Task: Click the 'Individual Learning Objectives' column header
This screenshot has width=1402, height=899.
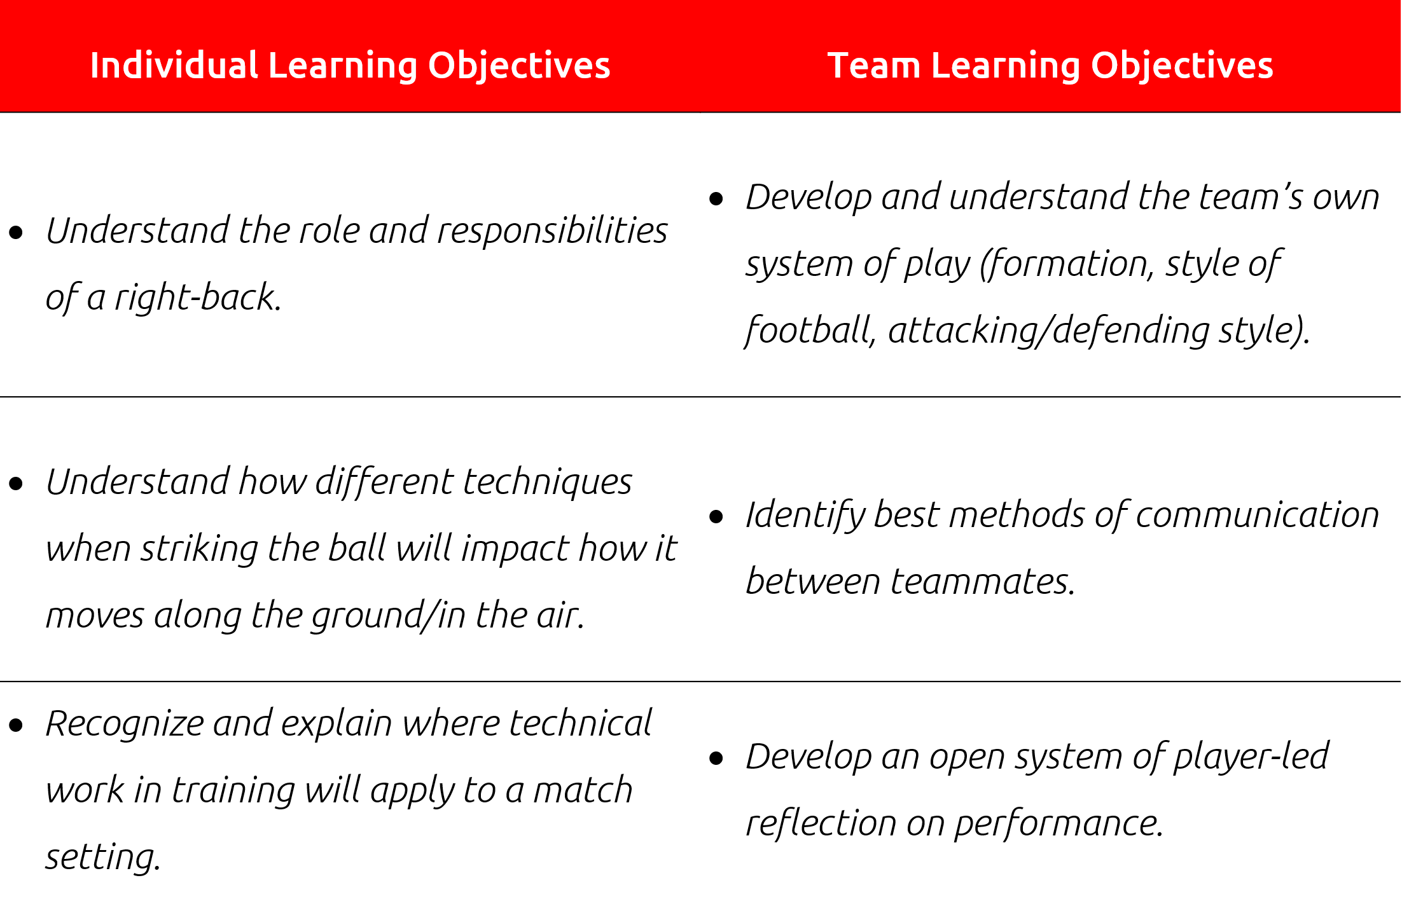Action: pos(350,66)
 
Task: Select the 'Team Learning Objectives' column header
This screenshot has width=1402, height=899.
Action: pos(1050,66)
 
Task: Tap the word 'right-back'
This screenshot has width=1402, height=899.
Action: pos(198,298)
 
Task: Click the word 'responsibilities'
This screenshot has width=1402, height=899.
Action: pos(552,230)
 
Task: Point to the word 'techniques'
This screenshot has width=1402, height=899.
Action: pos(548,481)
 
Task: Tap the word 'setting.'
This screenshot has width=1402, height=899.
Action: pos(103,856)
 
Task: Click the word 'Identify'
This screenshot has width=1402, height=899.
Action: pos(805,515)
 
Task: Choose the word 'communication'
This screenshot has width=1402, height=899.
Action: pos(1257,515)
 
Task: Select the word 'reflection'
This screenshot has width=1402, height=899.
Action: pos(820,823)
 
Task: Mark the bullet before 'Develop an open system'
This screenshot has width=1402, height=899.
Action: pos(716,758)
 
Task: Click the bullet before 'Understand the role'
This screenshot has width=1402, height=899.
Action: pos(17,232)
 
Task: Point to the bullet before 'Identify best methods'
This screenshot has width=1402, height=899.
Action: pos(716,516)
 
